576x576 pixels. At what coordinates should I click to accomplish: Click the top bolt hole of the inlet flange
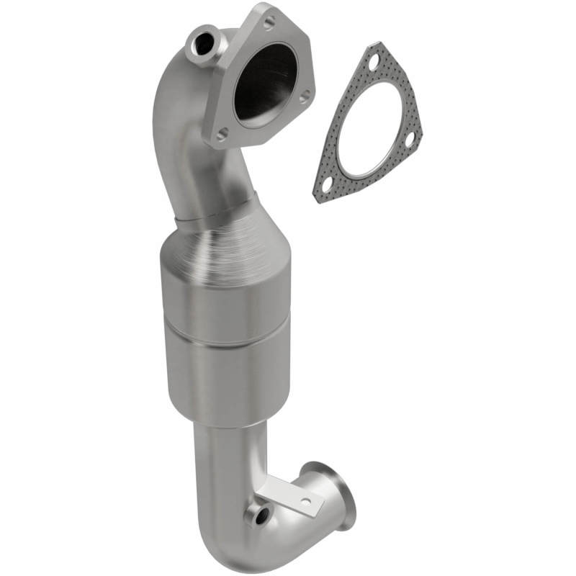[269, 22]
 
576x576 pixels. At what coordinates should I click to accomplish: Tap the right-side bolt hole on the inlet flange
[305, 95]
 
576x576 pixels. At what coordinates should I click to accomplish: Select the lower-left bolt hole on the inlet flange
[222, 132]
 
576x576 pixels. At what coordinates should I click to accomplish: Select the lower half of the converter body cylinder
[215, 374]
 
